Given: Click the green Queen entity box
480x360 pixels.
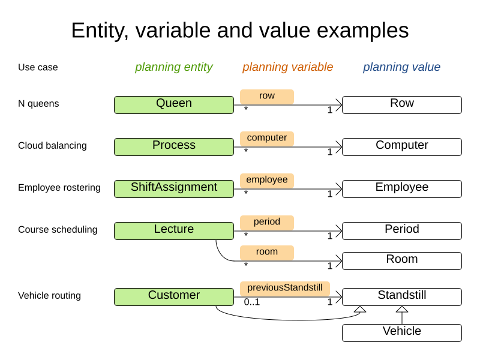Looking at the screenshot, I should coord(174,104).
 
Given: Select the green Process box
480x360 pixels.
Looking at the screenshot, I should coord(174,146).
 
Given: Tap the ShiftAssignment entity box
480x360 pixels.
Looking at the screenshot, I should coord(174,188).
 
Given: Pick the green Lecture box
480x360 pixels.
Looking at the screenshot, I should coord(174,230).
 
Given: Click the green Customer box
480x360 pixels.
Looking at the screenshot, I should coord(174,296).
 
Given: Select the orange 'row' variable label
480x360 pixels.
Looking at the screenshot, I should coord(267,97).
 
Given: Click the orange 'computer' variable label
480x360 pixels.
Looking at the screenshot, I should coord(267,139).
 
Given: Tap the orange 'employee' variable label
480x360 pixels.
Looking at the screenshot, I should coord(267,181).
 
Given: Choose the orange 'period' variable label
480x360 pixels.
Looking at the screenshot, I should coord(267,223).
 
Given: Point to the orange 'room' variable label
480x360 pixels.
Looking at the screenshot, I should coord(267,253).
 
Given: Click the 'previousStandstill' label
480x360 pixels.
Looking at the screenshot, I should coord(285,289).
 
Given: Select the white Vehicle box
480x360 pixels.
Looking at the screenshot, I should coord(402,332).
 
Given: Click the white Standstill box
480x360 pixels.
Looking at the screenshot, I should coord(402,296).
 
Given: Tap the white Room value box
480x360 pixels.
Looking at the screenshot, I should coord(402,260).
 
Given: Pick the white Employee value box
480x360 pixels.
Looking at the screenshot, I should coord(402,188).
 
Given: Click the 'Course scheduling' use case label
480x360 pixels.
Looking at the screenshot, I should coord(58,230).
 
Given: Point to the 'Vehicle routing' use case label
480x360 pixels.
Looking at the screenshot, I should coord(49,296).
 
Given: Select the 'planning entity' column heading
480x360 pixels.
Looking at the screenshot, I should coord(174,67).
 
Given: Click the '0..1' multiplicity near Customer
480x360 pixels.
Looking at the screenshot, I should coord(252,302).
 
